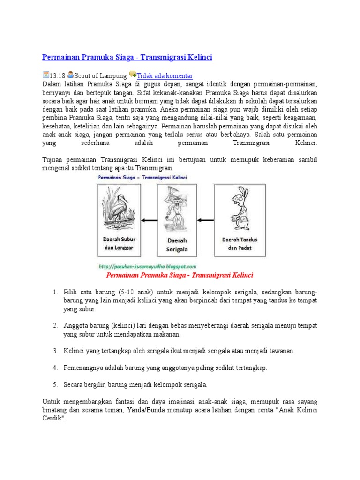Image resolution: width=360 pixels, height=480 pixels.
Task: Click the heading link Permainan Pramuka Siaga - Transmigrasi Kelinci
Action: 127,57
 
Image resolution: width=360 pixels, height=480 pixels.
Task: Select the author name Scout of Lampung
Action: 100,75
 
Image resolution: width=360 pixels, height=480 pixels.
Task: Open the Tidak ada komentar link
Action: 165,75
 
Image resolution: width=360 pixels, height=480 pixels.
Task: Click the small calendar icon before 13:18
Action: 45,75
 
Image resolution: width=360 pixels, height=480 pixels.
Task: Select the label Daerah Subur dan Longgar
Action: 119,243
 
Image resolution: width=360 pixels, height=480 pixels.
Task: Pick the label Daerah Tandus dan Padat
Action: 239,243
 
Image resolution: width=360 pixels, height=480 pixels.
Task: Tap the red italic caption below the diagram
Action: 180,275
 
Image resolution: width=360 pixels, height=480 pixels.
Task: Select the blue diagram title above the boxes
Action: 142,177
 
